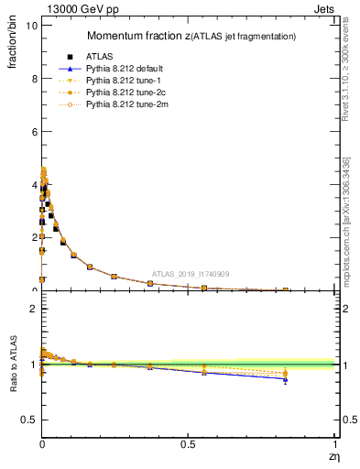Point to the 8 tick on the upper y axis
pos(33,79)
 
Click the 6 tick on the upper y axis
pos(33,132)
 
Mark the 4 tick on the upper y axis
pos(33,185)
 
